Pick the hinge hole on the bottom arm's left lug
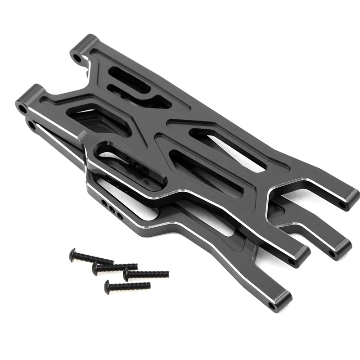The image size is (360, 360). pos(31,122)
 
